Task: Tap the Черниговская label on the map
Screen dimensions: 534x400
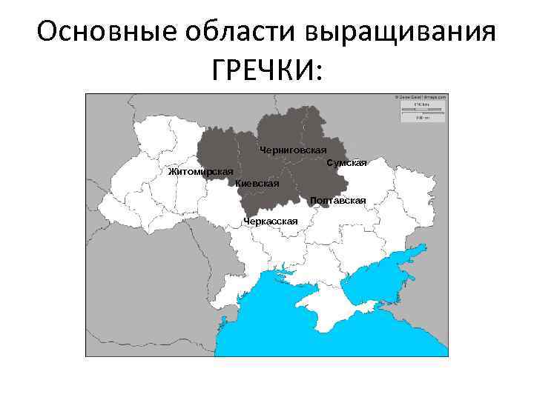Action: tap(293, 150)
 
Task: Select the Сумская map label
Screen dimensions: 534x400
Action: tap(346, 163)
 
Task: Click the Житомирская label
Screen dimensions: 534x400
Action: tap(200, 172)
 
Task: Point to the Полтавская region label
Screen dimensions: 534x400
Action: tap(338, 201)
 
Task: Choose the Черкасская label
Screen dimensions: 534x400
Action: tap(271, 221)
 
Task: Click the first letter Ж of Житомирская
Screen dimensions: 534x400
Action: tap(172, 172)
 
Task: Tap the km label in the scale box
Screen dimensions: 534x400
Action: tap(420, 104)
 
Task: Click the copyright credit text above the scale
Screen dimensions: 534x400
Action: tap(421, 96)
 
